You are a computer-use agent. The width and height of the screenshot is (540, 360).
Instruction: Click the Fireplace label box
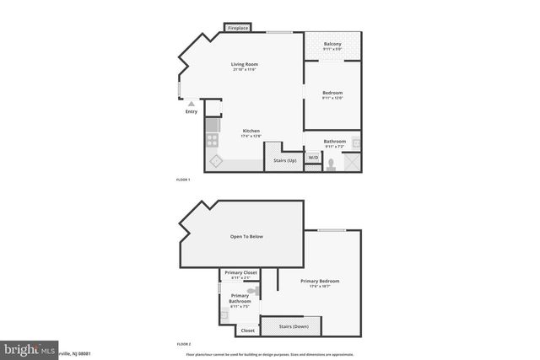(238, 28)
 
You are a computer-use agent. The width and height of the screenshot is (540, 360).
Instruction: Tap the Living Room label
(245, 64)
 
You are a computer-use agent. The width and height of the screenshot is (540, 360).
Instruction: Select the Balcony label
(332, 45)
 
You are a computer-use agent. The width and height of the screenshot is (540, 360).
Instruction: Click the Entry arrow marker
(191, 103)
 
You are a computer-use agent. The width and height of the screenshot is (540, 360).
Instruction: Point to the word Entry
(191, 111)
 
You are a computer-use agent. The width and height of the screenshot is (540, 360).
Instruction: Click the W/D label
(312, 158)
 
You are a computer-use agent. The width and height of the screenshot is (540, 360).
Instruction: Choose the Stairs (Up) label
(284, 160)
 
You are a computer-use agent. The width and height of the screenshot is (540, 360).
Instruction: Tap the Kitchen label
(251, 131)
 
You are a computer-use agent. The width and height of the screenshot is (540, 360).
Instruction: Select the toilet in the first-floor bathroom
(332, 164)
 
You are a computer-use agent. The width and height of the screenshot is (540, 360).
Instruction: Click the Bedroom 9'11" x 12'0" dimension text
(332, 97)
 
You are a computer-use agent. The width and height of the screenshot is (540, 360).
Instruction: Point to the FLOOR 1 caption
(183, 180)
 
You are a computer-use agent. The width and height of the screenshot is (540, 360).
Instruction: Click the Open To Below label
(246, 236)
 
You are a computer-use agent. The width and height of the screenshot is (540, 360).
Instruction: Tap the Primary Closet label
(240, 273)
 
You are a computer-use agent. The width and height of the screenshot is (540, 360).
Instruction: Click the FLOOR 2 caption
(183, 345)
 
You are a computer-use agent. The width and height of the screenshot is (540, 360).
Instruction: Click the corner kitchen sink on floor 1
(215, 161)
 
